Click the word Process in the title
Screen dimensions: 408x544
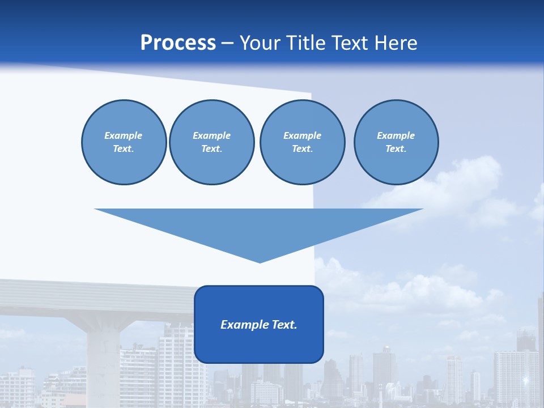pos(178,43)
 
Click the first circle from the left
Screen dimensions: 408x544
pos(124,142)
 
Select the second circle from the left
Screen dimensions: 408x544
pos(211,142)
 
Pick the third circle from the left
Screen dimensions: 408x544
pos(302,142)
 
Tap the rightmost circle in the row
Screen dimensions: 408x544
pos(396,142)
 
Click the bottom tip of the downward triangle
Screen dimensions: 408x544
pos(260,261)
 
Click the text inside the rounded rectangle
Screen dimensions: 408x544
pos(259,325)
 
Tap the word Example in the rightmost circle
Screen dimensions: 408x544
pos(396,135)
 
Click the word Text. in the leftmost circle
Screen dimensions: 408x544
pos(124,149)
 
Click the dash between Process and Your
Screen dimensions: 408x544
pos(227,43)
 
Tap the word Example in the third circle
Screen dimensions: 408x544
pos(302,135)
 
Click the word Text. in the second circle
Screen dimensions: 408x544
pos(211,149)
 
